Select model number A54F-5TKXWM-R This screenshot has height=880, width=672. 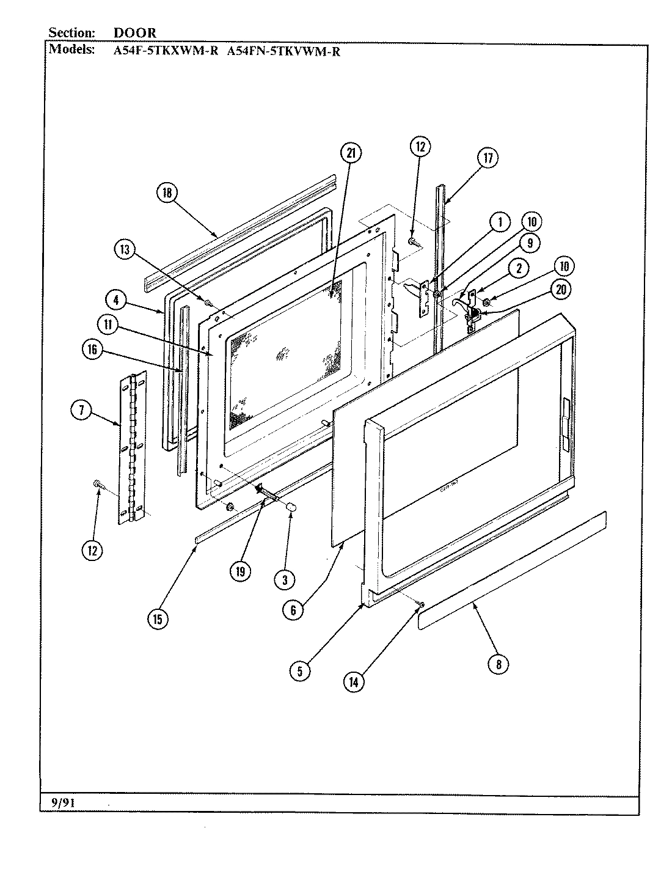pos(166,51)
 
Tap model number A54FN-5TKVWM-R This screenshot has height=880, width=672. pos(283,51)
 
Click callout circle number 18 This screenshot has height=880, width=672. pos(167,193)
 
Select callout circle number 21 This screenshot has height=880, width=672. pos(351,153)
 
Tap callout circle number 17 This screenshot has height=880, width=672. pos(488,158)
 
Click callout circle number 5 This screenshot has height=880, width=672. pos(300,671)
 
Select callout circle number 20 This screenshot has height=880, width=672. pos(560,290)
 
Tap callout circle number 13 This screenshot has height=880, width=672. pos(125,249)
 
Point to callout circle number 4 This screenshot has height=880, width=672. pos(115,300)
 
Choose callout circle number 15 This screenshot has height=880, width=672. pos(158,619)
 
